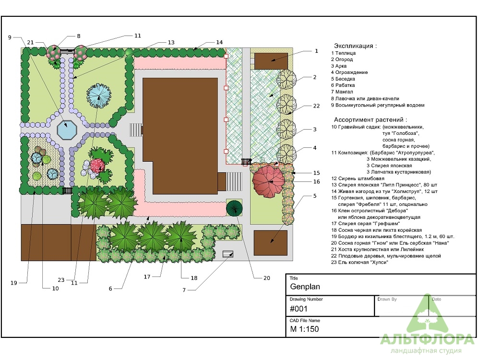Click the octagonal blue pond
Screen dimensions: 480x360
coord(67,131)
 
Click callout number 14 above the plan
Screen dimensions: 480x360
coord(219,42)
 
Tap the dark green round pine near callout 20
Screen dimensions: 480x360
coord(234,208)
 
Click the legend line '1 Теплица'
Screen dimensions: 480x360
coord(343,53)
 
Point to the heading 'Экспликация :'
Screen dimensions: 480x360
coord(355,46)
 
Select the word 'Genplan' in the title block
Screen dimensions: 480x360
coord(305,287)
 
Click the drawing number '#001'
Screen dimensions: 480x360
coord(299,309)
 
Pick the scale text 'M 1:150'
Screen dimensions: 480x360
coord(304,329)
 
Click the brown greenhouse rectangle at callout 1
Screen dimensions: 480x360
coord(271,61)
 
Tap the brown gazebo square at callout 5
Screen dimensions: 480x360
coord(271,243)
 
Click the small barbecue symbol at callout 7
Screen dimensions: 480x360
coord(228,254)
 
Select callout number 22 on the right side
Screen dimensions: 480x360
coord(316,106)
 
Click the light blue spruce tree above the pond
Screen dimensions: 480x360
coord(98,96)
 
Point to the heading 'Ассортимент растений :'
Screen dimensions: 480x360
coord(371,120)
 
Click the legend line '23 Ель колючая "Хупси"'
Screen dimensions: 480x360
coord(360,263)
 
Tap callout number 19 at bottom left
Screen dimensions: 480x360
coord(14,283)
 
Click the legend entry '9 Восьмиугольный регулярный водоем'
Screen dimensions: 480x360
coord(377,105)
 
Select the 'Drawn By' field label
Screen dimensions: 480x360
coord(387,299)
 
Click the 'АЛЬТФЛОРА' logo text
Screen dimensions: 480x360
coord(427,340)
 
